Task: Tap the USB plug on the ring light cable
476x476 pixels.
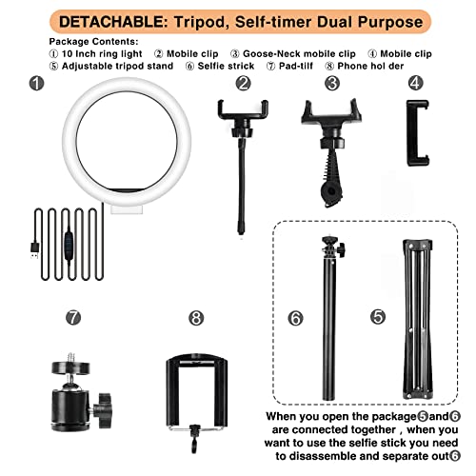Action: click(x=35, y=250)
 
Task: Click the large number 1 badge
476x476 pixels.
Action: click(x=36, y=83)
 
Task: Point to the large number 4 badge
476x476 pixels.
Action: click(x=416, y=83)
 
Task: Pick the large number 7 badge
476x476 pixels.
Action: click(x=73, y=317)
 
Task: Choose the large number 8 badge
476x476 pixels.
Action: click(x=196, y=318)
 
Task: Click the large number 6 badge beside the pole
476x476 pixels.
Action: click(x=295, y=318)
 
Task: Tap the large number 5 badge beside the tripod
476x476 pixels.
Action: click(x=378, y=317)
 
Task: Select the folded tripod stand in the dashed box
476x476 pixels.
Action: click(x=418, y=319)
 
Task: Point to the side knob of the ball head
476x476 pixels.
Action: click(x=104, y=410)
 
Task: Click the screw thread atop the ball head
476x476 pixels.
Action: click(x=70, y=357)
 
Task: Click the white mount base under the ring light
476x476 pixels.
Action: click(x=127, y=208)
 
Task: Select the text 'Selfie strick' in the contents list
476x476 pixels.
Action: click(x=226, y=66)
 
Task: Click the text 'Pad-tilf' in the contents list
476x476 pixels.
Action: click(x=296, y=66)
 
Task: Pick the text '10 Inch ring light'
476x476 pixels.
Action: click(x=102, y=54)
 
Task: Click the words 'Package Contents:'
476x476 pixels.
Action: click(x=94, y=42)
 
